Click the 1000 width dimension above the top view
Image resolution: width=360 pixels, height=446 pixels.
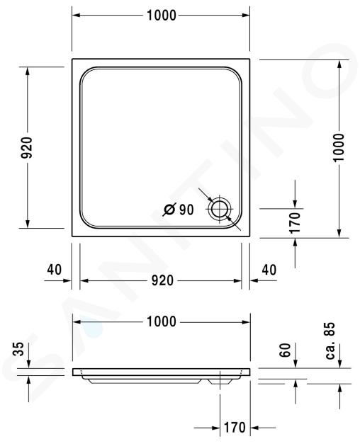point(162,16)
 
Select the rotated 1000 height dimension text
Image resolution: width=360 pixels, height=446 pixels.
point(339,147)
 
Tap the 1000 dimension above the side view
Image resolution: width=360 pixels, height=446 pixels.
point(162,322)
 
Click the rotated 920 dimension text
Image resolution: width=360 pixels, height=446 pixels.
point(28,147)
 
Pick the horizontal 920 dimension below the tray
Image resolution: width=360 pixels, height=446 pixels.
point(162,280)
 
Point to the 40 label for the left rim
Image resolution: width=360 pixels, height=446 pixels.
point(55,269)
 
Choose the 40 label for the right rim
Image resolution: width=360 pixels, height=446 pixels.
point(269,270)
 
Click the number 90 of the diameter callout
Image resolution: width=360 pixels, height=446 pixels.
point(186,210)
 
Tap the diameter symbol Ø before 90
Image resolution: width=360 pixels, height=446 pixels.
point(169,210)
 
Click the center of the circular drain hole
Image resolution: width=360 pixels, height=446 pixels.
point(219,209)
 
